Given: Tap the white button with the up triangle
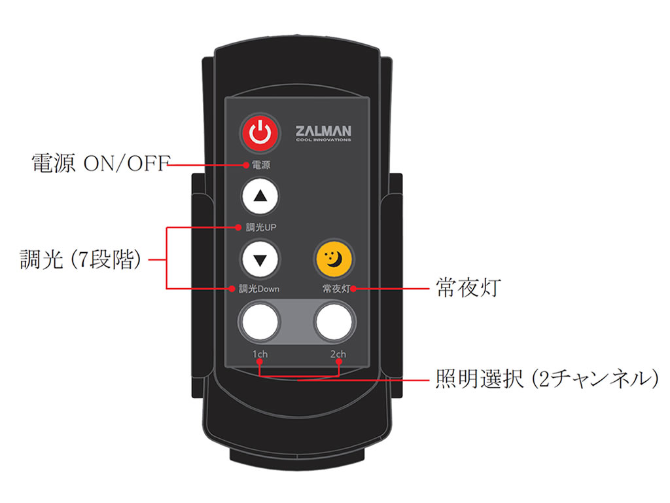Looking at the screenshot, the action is (260, 196).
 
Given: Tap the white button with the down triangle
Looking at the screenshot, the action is (260, 259).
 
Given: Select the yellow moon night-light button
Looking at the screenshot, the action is (334, 259).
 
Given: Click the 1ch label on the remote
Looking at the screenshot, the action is (260, 354).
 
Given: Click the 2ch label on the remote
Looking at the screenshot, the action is (338, 354).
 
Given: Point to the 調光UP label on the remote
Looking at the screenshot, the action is (261, 227).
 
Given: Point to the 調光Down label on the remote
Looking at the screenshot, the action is (259, 289).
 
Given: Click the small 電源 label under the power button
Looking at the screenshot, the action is (260, 165).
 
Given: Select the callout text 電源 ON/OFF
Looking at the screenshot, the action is (101, 163).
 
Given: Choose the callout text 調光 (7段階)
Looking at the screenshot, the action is (80, 259).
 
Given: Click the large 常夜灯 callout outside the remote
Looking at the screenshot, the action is (468, 287).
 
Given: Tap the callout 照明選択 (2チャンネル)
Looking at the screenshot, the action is (547, 379).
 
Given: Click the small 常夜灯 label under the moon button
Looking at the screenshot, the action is (336, 289).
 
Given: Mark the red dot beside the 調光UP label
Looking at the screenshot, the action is (238, 227).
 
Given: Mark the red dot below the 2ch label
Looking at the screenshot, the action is (339, 362).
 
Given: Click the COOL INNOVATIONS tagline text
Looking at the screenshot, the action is (323, 140).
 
